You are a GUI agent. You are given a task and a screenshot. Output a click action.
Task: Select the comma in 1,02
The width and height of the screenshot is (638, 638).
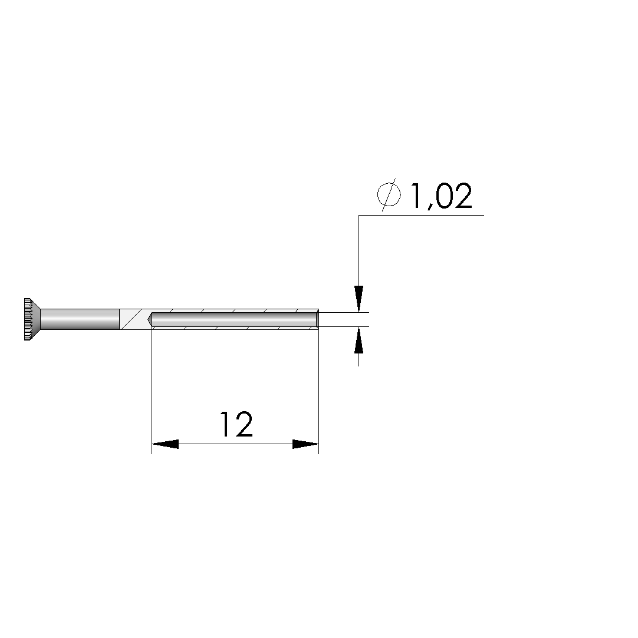pos(429,207)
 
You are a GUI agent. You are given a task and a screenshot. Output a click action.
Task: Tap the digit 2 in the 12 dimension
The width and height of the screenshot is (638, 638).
pos(244,424)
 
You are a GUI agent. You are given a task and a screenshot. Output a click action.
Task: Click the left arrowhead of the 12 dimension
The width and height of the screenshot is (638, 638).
pos(165,444)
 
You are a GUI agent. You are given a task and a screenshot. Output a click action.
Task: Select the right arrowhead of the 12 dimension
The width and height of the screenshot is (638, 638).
pos(305,444)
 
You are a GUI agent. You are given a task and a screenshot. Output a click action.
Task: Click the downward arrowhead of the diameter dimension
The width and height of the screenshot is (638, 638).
pos(359,299)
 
